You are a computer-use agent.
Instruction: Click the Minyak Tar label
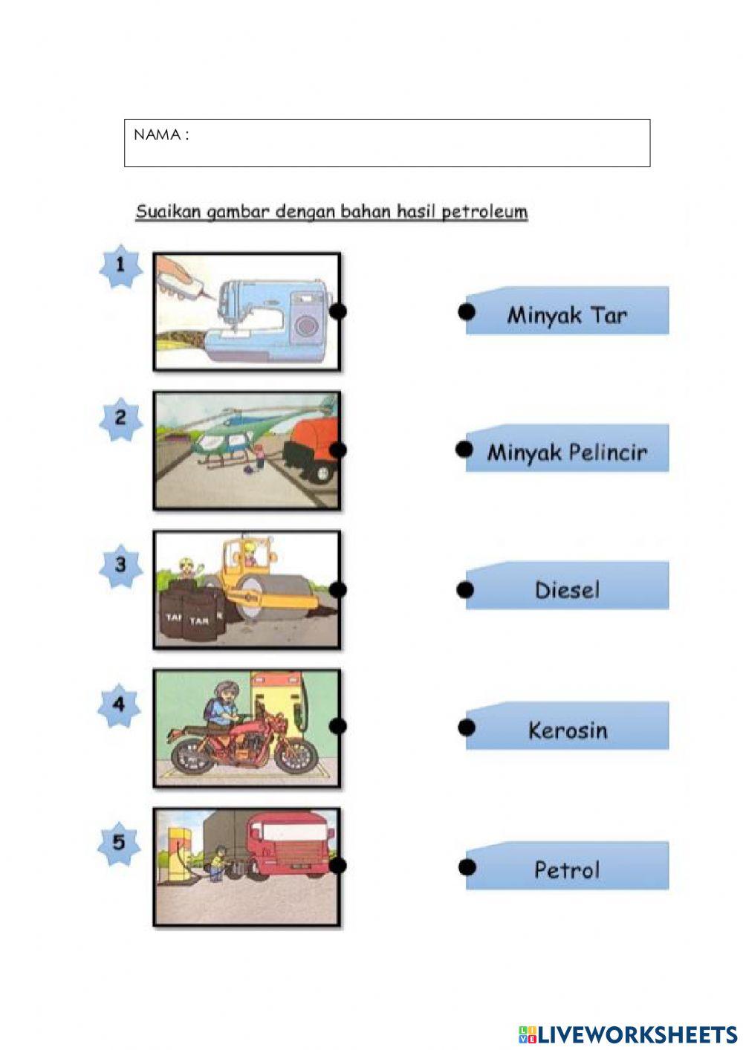click(567, 314)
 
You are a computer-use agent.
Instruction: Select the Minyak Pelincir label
click(567, 451)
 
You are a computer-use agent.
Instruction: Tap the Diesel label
click(567, 589)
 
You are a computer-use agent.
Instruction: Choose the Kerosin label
click(567, 729)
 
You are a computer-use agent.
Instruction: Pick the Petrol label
click(567, 868)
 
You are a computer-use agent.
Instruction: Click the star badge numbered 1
click(120, 265)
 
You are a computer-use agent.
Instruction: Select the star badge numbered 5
click(119, 843)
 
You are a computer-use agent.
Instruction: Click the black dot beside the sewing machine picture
click(338, 311)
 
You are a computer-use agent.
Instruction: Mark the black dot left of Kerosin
click(466, 727)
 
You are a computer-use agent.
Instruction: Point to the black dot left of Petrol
click(467, 866)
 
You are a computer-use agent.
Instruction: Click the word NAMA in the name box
click(157, 135)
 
